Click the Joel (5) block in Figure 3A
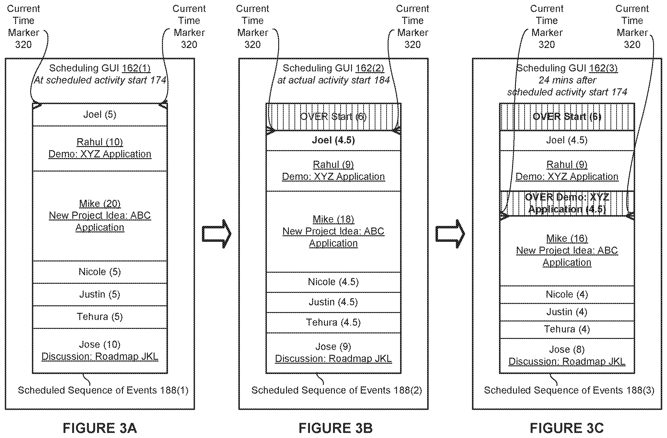click(100, 114)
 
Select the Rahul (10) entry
click(100, 148)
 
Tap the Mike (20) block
click(100, 216)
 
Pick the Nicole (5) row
click(100, 272)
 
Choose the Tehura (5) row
click(100, 317)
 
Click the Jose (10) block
click(100, 351)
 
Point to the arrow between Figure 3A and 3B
click(217, 234)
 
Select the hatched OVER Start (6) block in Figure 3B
click(333, 117)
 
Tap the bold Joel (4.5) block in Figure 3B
click(333, 140)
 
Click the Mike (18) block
click(333, 231)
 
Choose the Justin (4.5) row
click(333, 302)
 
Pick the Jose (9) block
click(333, 353)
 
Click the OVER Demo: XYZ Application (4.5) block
click(567, 203)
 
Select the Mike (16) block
click(567, 251)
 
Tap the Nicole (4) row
click(567, 295)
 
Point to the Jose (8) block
click(567, 356)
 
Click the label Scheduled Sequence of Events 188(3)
click(569, 390)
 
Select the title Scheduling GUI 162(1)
click(100, 68)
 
